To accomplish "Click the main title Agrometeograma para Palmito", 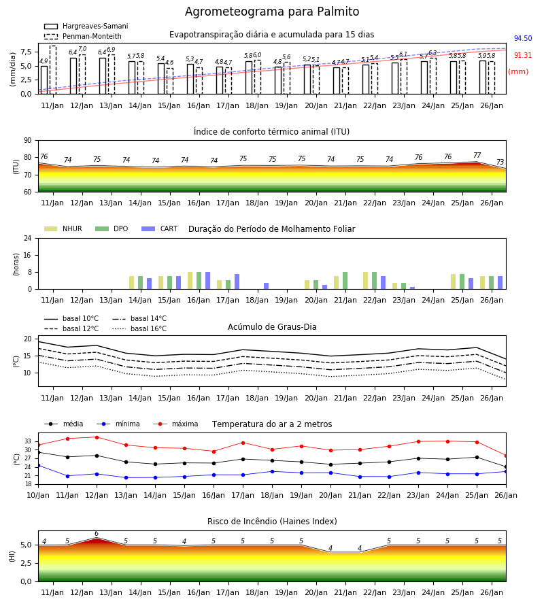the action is point(272,12).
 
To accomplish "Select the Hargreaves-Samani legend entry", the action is point(86,26).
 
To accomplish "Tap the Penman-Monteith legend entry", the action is point(83,36).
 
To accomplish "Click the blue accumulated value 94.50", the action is point(523,38).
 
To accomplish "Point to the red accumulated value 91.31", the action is point(523,56).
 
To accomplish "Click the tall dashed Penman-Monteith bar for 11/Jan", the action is point(53,70).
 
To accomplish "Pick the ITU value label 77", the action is point(477,155).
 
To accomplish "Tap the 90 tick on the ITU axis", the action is point(27,141).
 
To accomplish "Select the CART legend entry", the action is point(159,228).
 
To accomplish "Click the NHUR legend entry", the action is point(63,228).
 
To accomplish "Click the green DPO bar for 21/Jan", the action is point(345,281).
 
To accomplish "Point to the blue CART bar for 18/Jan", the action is point(266,286).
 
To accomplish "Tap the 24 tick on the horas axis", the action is point(27,238).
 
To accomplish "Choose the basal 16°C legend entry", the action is point(139,328).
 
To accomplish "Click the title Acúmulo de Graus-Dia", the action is point(272,326).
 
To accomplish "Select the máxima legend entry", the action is point(175,424).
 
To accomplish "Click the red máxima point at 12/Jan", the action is point(97,437).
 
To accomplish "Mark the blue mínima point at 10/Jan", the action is point(38,465).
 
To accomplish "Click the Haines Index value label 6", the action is point(97,534).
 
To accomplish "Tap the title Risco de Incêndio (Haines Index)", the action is point(272,522).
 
